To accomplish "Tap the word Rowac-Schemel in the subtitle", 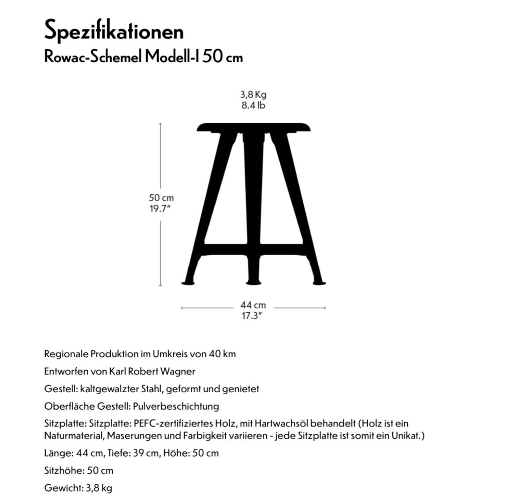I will pyautogui.click(x=93, y=58).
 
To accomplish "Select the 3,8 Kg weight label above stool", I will pyautogui.click(x=253, y=95).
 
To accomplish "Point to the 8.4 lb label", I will pyautogui.click(x=253, y=105).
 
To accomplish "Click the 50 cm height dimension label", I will pyautogui.click(x=161, y=198).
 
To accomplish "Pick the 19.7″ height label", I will pyautogui.click(x=160, y=208).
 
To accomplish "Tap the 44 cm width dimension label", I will pyautogui.click(x=253, y=305).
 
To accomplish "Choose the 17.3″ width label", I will pyautogui.click(x=252, y=316).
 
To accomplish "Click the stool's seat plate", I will pyautogui.click(x=253, y=128).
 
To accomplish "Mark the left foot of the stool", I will pyautogui.click(x=188, y=282).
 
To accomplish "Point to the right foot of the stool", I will pyautogui.click(x=319, y=282).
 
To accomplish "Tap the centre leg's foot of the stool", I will pyautogui.click(x=253, y=282).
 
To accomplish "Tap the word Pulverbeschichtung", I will pyautogui.click(x=176, y=406).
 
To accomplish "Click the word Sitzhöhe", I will pyautogui.click(x=63, y=470).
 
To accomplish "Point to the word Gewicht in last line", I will pyautogui.click(x=63, y=488).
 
